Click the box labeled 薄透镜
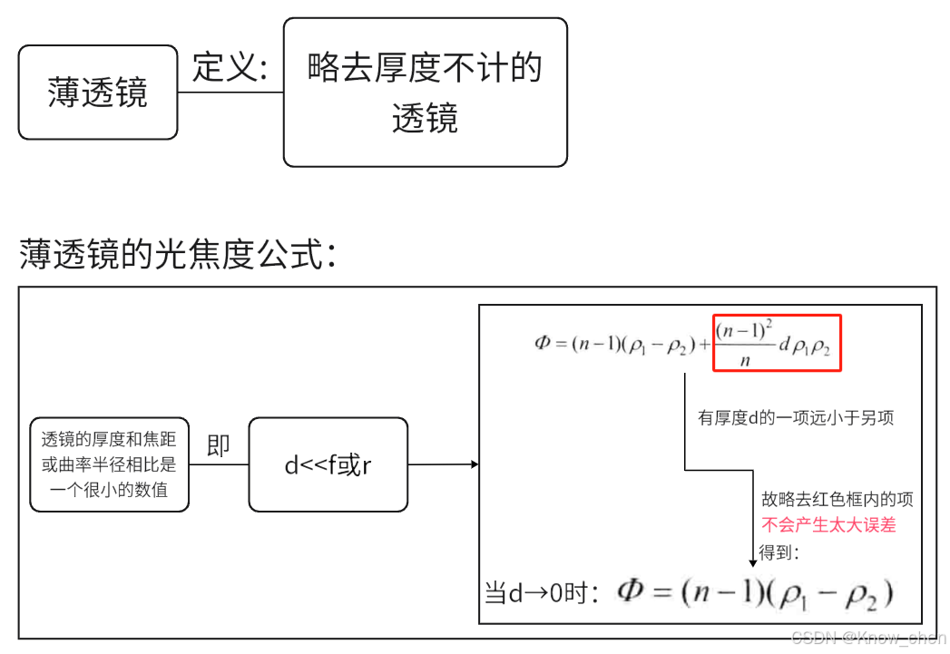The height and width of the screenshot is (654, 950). (98, 93)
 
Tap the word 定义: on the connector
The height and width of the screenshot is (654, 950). (230, 67)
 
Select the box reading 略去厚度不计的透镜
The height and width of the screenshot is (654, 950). (425, 93)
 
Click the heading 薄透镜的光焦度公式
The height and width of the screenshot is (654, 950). (179, 255)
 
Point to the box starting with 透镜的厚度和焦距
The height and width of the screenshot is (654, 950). (109, 464)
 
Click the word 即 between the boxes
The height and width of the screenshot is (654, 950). (219, 445)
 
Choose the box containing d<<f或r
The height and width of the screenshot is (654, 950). (328, 465)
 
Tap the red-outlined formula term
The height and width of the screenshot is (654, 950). (777, 343)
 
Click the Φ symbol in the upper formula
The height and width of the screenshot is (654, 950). (543, 344)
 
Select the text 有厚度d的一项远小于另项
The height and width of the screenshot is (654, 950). (796, 417)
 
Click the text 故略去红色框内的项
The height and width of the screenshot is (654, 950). (837, 500)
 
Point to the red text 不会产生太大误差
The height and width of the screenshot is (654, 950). (828, 525)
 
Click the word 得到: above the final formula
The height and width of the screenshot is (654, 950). (779, 552)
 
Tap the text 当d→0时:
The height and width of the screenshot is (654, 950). (543, 594)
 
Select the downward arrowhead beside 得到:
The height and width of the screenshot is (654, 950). (751, 561)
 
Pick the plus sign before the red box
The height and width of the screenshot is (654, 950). (704, 344)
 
